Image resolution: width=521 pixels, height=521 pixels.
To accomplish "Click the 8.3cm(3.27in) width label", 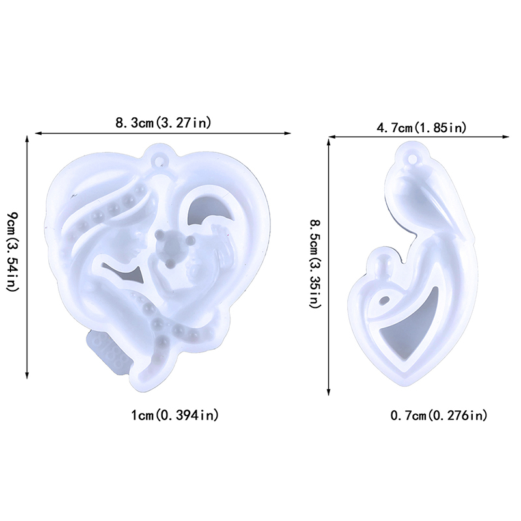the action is [x=163, y=123].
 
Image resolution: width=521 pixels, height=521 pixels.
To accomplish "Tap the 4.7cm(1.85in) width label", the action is [x=421, y=128].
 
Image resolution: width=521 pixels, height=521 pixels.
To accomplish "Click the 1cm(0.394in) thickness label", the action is [x=175, y=415].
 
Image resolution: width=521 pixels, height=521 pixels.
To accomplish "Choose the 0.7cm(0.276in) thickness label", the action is [x=438, y=415].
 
